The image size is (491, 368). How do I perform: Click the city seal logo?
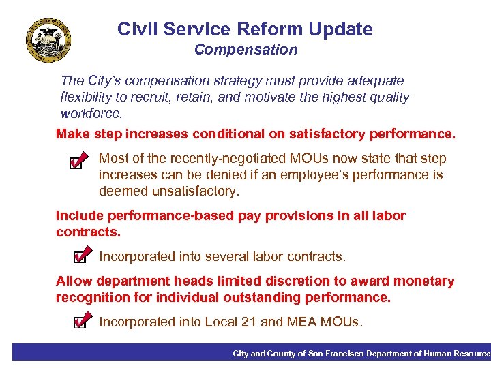(x=48, y=40)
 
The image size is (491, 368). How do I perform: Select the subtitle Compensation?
(x=245, y=50)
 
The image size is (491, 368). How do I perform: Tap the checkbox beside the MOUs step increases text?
(x=77, y=163)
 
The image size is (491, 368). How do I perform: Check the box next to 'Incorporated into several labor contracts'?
(x=80, y=257)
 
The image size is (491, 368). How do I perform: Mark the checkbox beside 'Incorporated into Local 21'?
(x=80, y=322)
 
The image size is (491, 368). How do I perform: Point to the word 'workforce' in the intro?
(x=91, y=113)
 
